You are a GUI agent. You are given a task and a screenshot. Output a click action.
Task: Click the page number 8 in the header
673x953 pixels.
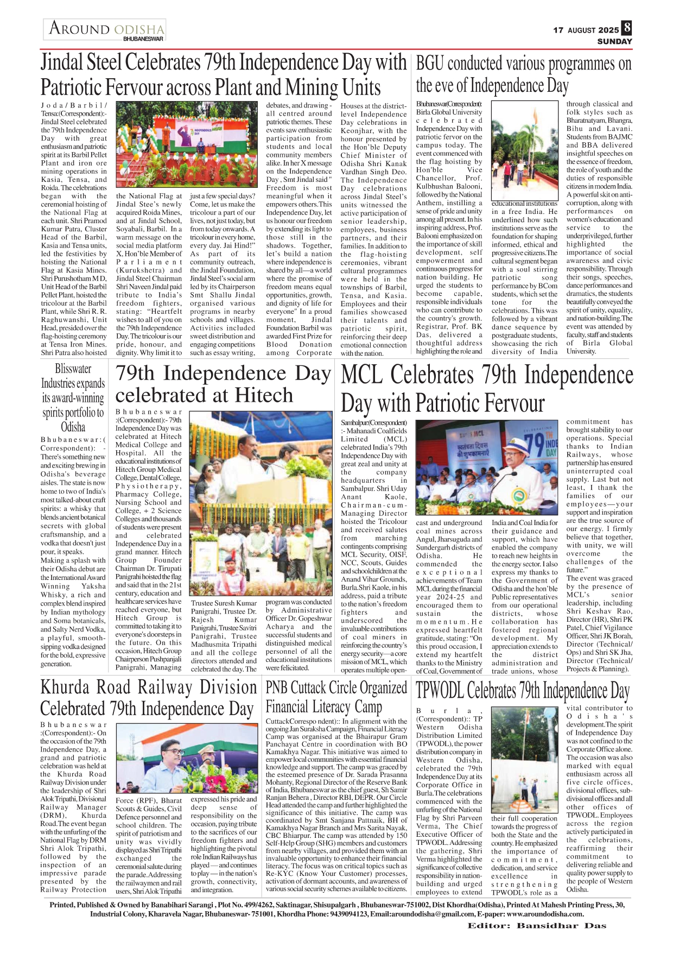[x=627, y=28]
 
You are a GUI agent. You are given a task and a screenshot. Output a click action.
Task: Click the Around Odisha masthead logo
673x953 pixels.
[x=105, y=30]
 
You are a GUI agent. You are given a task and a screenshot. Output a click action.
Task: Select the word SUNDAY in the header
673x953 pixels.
[x=615, y=41]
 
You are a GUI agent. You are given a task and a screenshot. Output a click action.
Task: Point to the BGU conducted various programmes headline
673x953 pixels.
[x=523, y=74]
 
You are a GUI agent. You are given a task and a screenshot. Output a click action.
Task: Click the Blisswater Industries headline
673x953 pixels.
[x=73, y=397]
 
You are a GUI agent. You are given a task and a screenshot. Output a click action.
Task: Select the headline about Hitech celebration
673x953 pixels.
[x=223, y=384]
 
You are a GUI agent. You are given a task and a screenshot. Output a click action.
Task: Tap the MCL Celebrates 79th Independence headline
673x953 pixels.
[x=486, y=389]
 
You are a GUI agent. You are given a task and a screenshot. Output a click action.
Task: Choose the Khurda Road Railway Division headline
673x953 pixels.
[x=148, y=698]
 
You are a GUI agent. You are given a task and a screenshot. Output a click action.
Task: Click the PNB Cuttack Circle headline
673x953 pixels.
[x=336, y=697]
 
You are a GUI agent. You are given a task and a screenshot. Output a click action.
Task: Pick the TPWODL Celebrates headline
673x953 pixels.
[x=522, y=691]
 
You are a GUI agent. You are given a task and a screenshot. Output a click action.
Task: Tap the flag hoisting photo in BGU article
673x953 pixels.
[x=524, y=154]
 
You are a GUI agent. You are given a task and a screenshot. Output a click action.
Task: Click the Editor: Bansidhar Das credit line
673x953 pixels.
[x=537, y=941]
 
